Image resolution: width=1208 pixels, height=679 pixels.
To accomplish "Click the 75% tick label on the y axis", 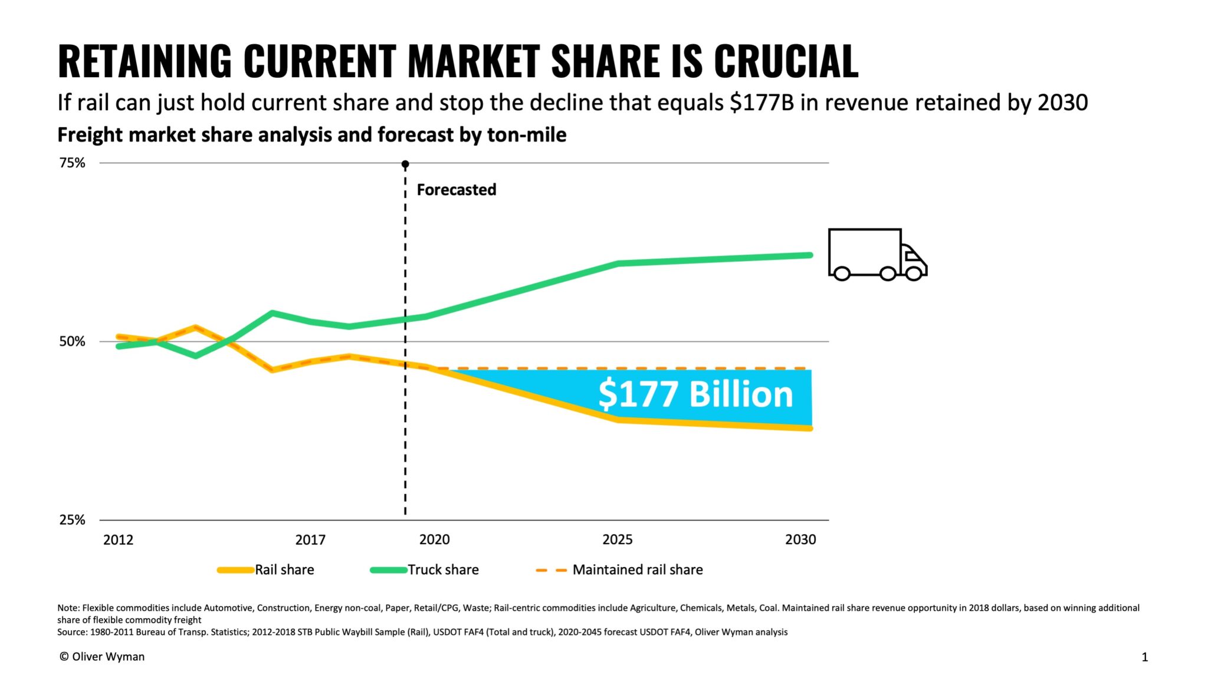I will pyautogui.click(x=72, y=163).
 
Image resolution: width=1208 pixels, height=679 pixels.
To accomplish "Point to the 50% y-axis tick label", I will pyautogui.click(x=72, y=341).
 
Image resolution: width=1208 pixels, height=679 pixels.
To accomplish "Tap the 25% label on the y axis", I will pyautogui.click(x=72, y=520).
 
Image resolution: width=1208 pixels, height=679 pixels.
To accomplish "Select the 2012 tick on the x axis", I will pyautogui.click(x=118, y=539).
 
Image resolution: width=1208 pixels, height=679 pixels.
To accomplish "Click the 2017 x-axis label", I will pyautogui.click(x=310, y=539).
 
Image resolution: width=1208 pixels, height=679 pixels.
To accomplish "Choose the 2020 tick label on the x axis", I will pyautogui.click(x=434, y=539).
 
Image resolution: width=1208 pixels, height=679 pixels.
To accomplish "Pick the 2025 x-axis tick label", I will pyautogui.click(x=617, y=539).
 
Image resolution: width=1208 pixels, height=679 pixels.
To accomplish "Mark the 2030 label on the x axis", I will pyautogui.click(x=800, y=539).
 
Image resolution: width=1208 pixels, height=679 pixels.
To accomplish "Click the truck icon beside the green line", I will pyautogui.click(x=877, y=254).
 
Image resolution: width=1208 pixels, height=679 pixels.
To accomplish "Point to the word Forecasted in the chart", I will pyautogui.click(x=456, y=190).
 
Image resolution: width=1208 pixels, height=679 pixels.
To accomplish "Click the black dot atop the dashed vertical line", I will pyautogui.click(x=405, y=164).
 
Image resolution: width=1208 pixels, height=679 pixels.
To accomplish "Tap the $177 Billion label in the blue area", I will pyautogui.click(x=695, y=394).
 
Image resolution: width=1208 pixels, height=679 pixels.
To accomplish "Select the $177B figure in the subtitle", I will pyautogui.click(x=761, y=103).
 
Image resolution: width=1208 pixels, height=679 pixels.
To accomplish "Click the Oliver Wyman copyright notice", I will pyautogui.click(x=102, y=657).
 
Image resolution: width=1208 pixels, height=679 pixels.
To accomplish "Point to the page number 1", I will pyautogui.click(x=1144, y=657).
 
